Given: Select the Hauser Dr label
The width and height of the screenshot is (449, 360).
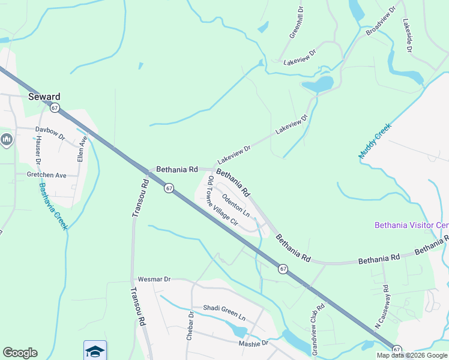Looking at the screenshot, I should tap(37, 150).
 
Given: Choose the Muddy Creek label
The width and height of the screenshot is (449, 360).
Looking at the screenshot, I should tap(375, 141).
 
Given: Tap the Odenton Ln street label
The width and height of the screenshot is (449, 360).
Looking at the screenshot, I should tap(235, 205).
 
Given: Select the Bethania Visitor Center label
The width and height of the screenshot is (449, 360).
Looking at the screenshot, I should tap(411, 226).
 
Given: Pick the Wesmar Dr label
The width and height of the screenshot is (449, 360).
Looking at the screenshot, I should tap(154, 280).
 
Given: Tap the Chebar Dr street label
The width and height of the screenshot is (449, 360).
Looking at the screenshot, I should tap(190, 326).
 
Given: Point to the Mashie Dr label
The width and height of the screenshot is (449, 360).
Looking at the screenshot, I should tap(253, 344).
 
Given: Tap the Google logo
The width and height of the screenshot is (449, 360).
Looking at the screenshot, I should tap(20, 353).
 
